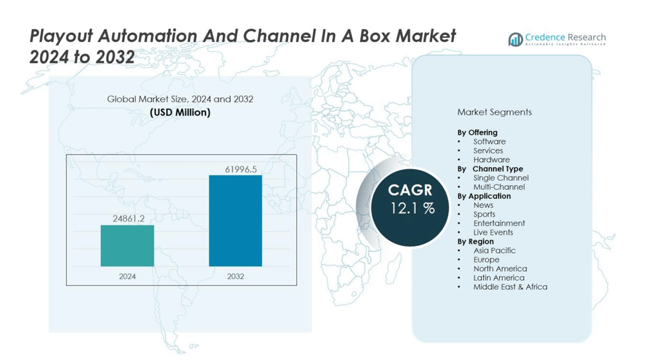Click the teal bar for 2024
coord(127,245)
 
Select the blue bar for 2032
coord(235,220)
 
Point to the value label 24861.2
coord(128,219)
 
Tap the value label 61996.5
coord(241,169)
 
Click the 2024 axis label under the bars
coord(127,276)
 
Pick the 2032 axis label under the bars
coord(236,276)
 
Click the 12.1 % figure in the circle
coord(412,208)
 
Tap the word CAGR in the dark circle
coord(411,190)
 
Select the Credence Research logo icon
coord(515,39)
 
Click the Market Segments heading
coord(494,112)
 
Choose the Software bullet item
coord(489,141)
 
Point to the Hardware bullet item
coord(491,160)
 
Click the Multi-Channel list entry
coord(499,187)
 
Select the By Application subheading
coord(484,196)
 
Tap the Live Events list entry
coord(493,232)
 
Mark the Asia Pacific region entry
coord(494,250)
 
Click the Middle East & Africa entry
coord(510,287)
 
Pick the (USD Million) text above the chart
coord(180,113)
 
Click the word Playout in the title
coord(59,36)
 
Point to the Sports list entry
coord(484,214)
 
